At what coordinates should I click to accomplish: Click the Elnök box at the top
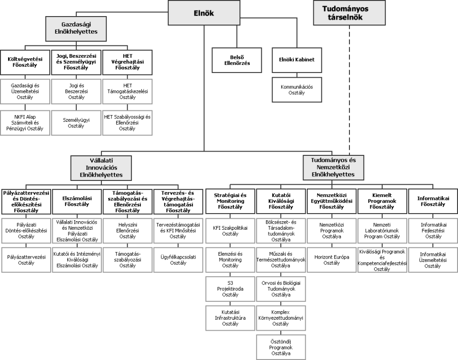point(204,13)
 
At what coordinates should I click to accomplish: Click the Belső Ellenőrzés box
point(237,60)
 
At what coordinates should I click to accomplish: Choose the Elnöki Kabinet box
point(297,60)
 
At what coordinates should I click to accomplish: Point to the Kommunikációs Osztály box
point(297,90)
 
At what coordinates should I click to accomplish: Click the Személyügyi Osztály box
point(76,123)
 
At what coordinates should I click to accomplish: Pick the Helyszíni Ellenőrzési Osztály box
point(128,230)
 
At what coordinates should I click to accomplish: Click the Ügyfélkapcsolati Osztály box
point(178,259)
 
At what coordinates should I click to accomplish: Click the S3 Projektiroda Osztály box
point(230,289)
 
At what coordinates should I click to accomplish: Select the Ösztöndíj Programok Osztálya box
point(281,347)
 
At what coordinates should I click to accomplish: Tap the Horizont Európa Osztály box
point(331,259)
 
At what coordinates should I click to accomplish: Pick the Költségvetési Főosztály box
point(25,62)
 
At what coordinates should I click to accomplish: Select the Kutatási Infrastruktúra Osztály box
point(230,317)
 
